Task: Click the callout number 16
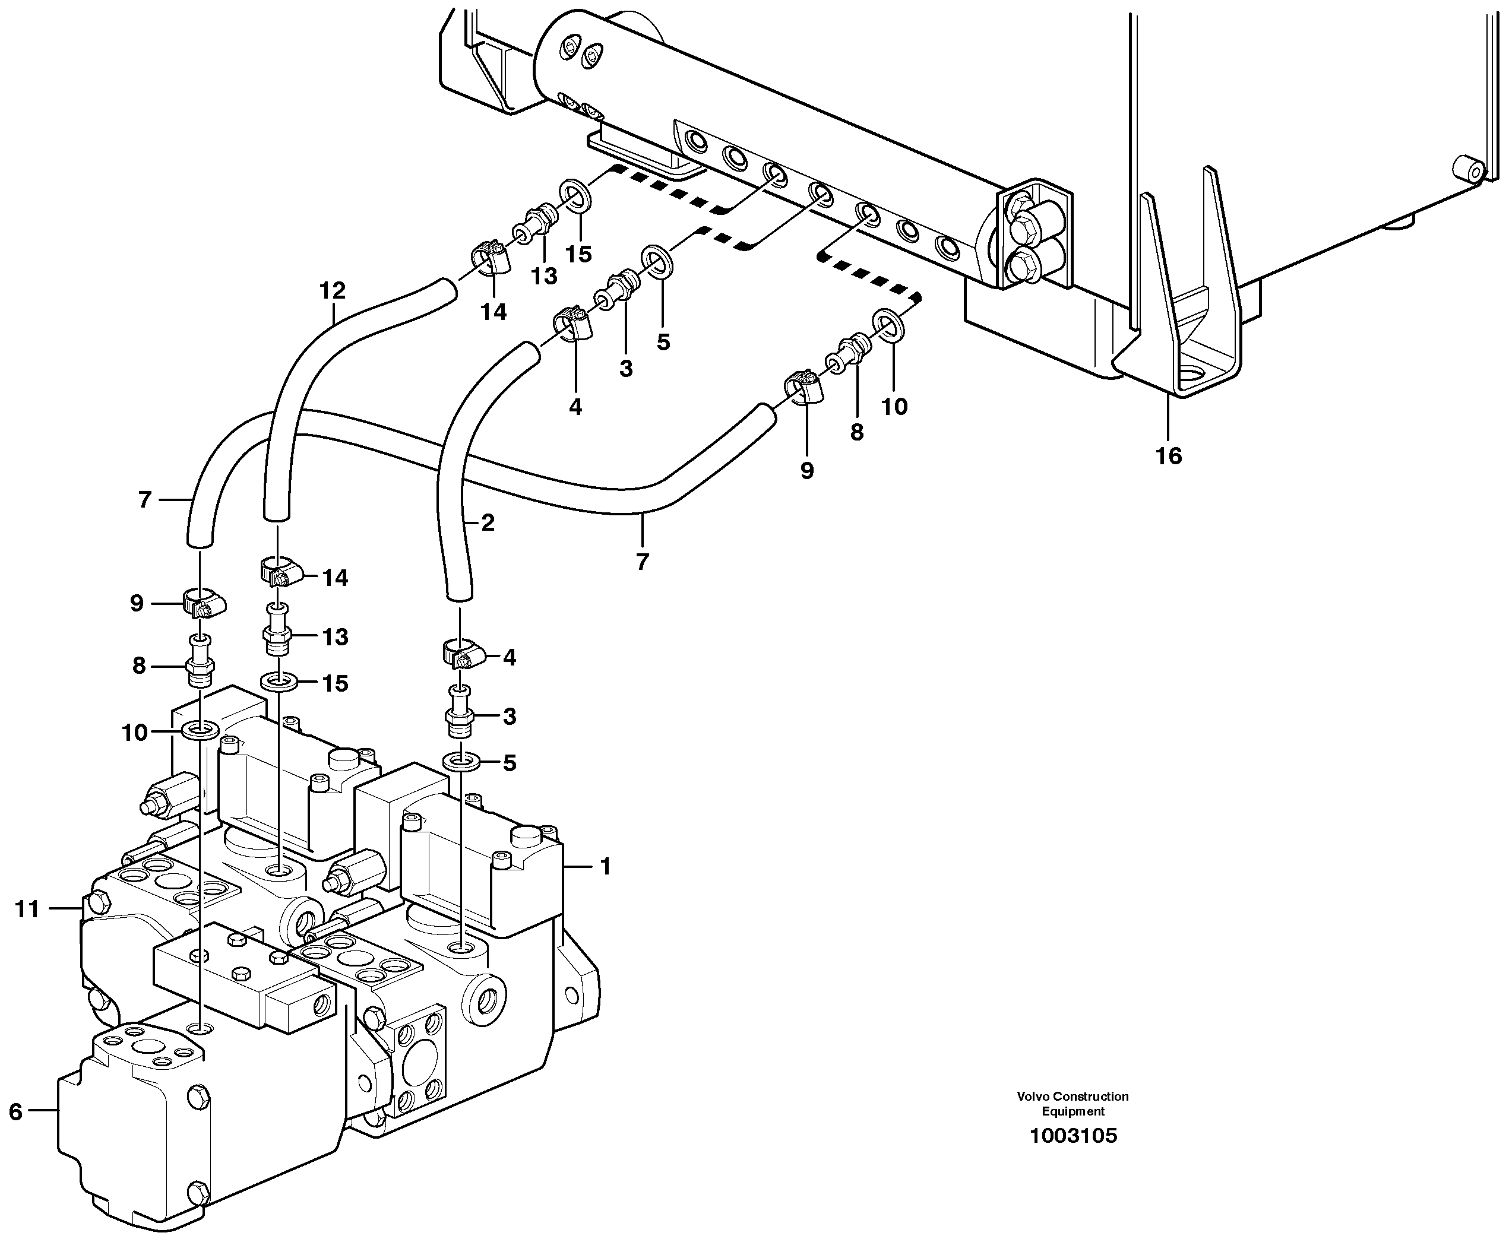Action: (1168, 455)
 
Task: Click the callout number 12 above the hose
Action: (332, 290)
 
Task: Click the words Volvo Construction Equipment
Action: (1072, 1104)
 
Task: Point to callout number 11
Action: (27, 910)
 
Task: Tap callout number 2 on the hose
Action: (488, 523)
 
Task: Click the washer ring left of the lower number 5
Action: (462, 761)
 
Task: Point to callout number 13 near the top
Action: (544, 276)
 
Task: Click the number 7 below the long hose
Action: (642, 562)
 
